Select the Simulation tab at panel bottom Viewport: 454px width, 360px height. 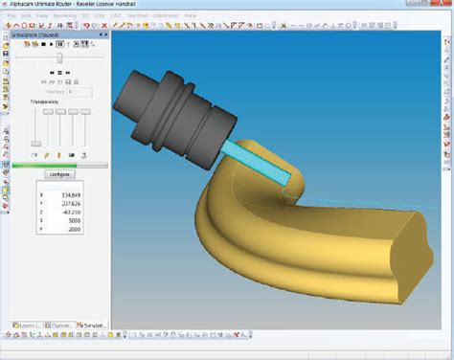(94, 326)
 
